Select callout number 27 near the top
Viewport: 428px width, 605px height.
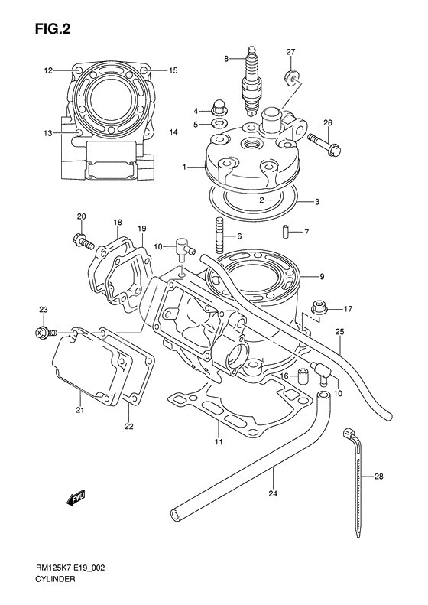pyautogui.click(x=290, y=51)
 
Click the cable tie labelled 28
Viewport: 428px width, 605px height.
pyautogui.click(x=357, y=482)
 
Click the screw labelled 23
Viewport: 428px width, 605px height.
pyautogui.click(x=44, y=333)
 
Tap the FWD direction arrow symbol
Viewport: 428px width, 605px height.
pyautogui.click(x=75, y=499)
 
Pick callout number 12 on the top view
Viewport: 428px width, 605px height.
pyautogui.click(x=47, y=70)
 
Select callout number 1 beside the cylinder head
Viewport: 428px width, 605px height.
pyautogui.click(x=184, y=166)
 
